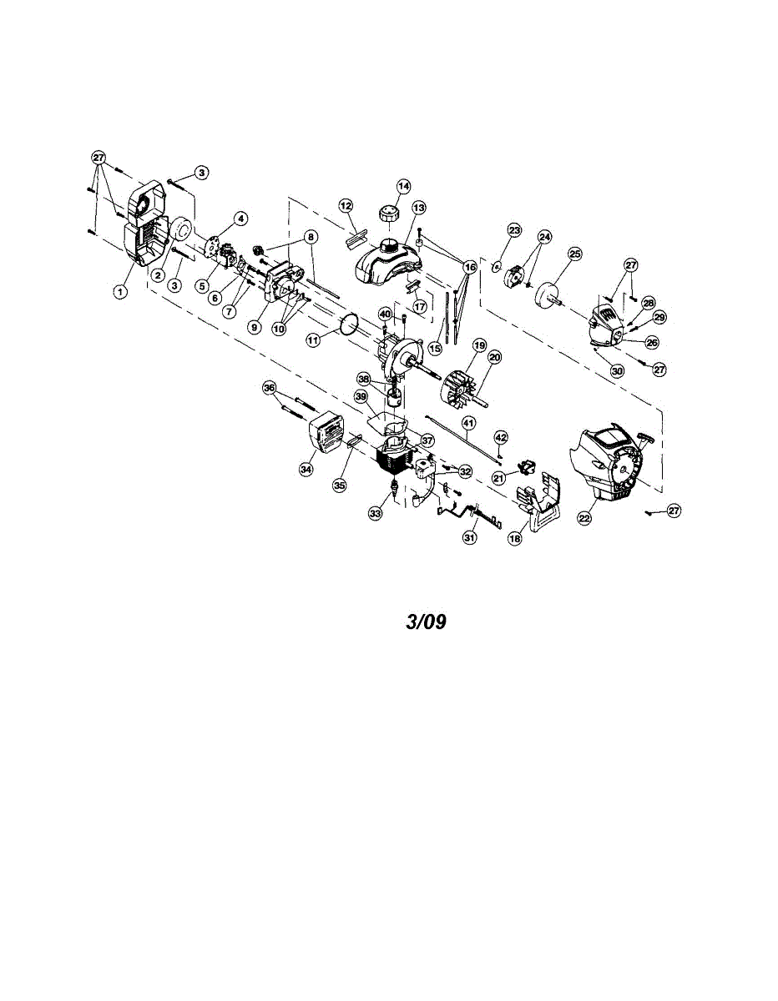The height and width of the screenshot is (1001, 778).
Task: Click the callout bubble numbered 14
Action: [404, 186]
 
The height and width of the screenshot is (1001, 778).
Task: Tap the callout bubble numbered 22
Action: [584, 518]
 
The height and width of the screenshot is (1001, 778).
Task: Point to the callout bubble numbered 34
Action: [306, 470]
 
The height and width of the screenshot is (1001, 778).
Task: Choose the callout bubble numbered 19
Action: [479, 345]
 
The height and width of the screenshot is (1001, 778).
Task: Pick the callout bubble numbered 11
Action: [313, 340]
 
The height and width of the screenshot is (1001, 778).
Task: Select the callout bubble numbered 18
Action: [515, 540]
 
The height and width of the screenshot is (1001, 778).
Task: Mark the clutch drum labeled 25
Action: [548, 295]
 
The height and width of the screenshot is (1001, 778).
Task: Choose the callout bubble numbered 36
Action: [269, 387]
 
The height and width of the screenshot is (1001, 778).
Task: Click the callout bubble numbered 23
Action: [514, 229]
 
